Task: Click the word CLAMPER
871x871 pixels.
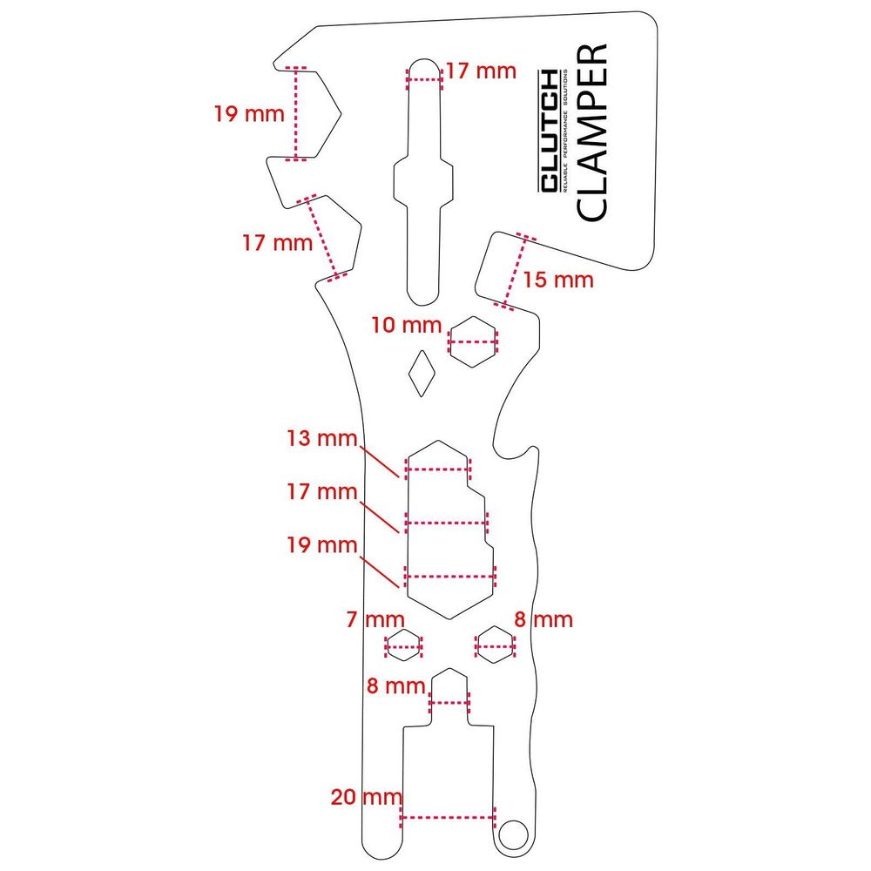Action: coord(591,132)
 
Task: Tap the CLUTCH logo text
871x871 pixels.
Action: coord(549,132)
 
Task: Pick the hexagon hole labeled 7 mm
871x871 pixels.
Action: coord(404,646)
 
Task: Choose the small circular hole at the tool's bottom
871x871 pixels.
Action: coord(514,834)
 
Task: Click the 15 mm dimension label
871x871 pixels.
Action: coord(558,280)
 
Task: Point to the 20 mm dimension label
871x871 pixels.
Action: coord(366,796)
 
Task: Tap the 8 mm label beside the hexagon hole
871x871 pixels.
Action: coord(544,620)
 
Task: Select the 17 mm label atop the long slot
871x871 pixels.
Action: coord(481,71)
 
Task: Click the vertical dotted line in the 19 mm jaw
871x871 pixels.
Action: coord(297,113)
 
